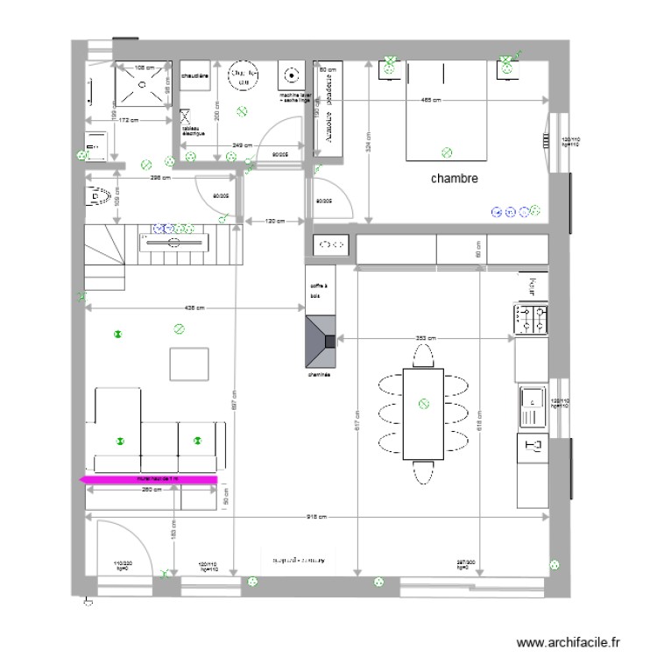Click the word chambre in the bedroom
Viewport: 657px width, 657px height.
point(454,179)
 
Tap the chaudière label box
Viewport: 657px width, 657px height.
point(194,77)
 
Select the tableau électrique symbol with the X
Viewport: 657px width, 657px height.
point(186,115)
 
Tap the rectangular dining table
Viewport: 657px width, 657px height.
point(424,414)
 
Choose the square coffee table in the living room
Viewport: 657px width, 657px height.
point(188,364)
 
